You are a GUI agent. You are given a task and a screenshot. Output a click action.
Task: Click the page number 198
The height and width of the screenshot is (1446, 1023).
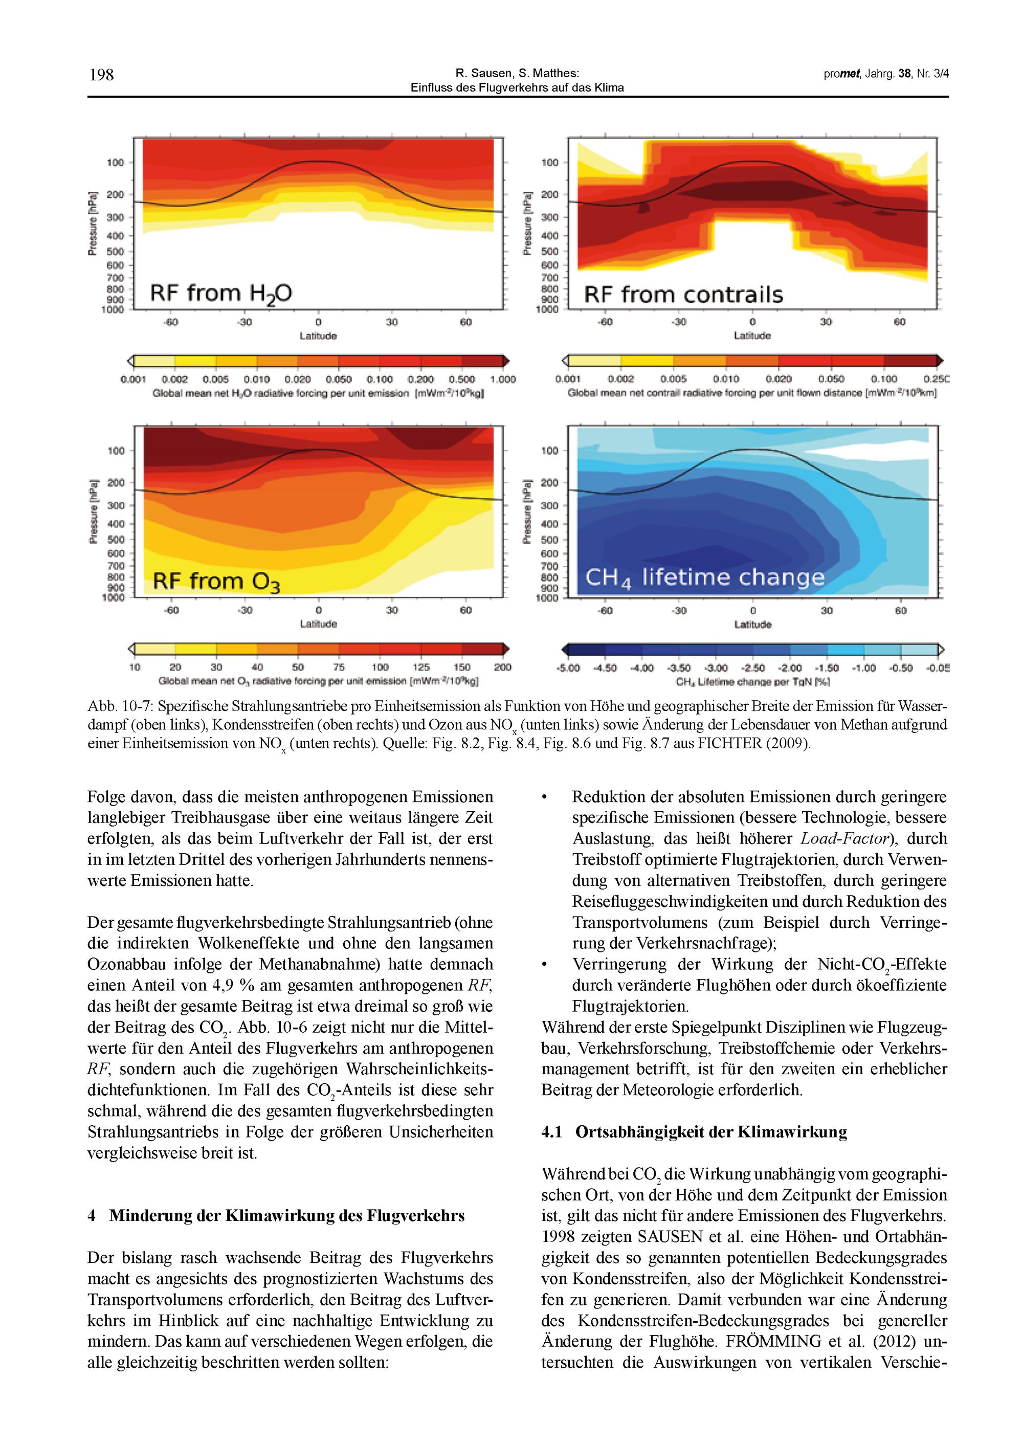pos(101,75)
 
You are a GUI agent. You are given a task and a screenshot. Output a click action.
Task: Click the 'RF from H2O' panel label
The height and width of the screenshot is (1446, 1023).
pos(220,294)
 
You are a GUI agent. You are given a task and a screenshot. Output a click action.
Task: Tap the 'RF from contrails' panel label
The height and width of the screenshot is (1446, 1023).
pos(683,295)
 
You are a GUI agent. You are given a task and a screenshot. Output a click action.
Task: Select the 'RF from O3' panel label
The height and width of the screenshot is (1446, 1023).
pos(216,581)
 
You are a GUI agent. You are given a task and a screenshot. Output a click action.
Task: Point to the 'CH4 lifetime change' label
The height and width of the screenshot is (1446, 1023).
pos(705,577)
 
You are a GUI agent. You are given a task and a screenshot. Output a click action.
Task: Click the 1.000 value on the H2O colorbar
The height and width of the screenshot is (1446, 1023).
pos(502,380)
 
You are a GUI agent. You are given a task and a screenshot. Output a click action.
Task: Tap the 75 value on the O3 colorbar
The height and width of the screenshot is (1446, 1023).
pos(339,668)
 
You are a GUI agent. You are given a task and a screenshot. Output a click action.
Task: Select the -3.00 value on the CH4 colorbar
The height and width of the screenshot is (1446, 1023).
pos(716,668)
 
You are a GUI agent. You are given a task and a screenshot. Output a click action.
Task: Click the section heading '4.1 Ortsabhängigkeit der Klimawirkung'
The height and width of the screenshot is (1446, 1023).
pos(694,1132)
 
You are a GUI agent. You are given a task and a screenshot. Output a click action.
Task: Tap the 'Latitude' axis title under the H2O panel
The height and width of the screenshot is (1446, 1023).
pos(318,336)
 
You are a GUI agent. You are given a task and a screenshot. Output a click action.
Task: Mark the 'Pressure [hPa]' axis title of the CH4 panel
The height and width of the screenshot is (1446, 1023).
pos(527,511)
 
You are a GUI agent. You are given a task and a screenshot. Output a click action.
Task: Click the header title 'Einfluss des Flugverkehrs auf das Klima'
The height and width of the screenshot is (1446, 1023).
pos(517,88)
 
